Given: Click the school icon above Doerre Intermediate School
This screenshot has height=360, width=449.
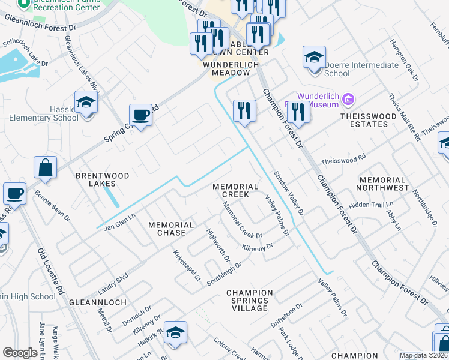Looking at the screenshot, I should click(314, 58).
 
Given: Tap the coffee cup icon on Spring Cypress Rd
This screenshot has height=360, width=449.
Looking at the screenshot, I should click(140, 115).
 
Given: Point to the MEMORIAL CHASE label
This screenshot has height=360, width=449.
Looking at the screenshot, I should click(172, 229).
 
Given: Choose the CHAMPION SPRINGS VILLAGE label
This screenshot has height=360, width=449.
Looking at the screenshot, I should click(250, 300).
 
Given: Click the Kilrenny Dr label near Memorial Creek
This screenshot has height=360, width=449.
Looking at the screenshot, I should click(258, 247).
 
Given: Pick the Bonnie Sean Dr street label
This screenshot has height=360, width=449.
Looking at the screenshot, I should click(52, 206).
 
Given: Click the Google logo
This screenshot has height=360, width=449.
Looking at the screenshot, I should click(20, 353).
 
